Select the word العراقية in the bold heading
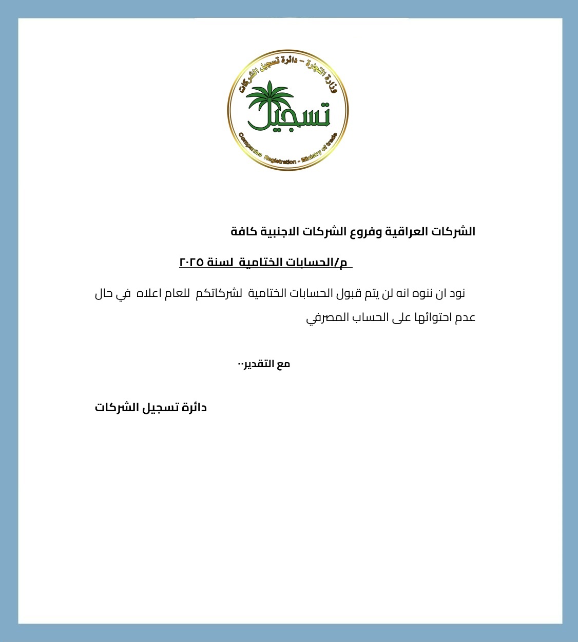(x=406, y=232)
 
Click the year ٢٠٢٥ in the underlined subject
(x=191, y=263)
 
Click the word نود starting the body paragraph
(x=457, y=294)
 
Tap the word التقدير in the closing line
(x=259, y=364)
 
